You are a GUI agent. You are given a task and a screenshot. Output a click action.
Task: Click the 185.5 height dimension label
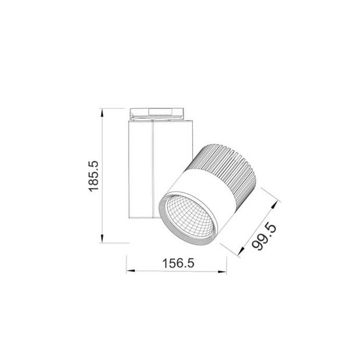[94, 176]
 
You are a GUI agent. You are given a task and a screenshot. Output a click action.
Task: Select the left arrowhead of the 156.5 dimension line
[129, 271]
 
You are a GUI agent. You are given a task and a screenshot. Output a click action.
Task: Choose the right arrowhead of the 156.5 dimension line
[225, 271]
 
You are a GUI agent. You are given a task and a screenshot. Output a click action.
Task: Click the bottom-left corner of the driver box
[128, 217]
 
